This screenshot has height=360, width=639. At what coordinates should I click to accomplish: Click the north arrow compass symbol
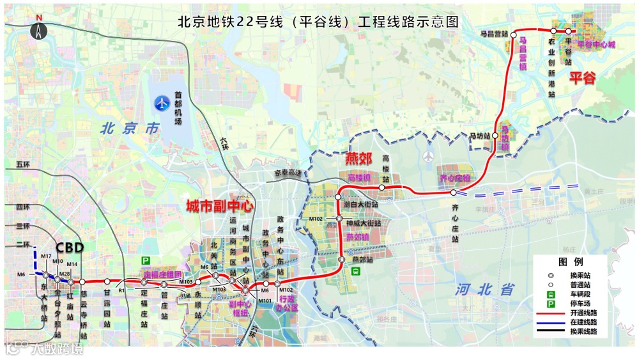click(40, 29)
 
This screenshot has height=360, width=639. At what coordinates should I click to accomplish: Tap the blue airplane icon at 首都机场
click(164, 102)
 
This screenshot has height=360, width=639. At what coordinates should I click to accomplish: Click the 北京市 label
click(130, 128)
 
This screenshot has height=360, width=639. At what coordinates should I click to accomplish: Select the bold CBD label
click(70, 247)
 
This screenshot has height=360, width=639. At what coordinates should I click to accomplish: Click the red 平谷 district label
click(582, 78)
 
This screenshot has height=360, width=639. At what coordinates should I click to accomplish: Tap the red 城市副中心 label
click(220, 206)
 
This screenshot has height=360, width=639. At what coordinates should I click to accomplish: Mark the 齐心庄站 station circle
click(453, 192)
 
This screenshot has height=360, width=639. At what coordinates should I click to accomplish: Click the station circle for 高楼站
click(381, 187)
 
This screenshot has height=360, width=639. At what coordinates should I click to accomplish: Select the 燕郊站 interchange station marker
click(342, 260)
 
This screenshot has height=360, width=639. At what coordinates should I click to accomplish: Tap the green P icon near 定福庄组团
click(146, 261)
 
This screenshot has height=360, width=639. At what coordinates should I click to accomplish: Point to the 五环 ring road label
click(23, 164)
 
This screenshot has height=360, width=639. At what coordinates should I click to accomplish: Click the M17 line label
click(46, 256)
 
